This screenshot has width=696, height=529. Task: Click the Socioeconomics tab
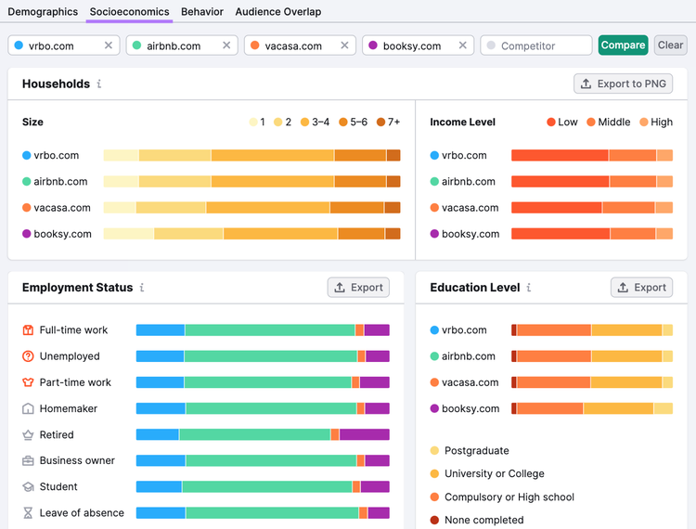click(129, 11)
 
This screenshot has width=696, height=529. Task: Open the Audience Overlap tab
click(277, 11)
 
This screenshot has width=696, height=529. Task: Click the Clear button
click(670, 45)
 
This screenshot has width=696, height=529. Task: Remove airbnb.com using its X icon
click(226, 45)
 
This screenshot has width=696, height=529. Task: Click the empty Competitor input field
click(536, 45)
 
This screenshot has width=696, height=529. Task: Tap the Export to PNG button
click(624, 84)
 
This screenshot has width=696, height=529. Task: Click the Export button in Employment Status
click(358, 288)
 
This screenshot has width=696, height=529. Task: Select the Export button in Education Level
click(642, 288)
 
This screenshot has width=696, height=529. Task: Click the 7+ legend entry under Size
click(389, 123)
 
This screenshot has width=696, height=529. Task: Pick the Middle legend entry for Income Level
click(609, 123)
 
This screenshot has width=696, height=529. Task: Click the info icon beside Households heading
click(99, 84)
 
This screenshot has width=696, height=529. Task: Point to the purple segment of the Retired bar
click(365, 434)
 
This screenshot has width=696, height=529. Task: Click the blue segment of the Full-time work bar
click(161, 329)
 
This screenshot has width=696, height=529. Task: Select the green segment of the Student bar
click(267, 487)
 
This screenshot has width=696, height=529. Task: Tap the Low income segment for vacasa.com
click(557, 208)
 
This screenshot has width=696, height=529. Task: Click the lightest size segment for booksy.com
click(129, 234)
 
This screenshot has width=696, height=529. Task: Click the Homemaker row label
click(69, 408)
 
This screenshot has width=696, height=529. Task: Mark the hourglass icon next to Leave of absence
click(28, 513)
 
